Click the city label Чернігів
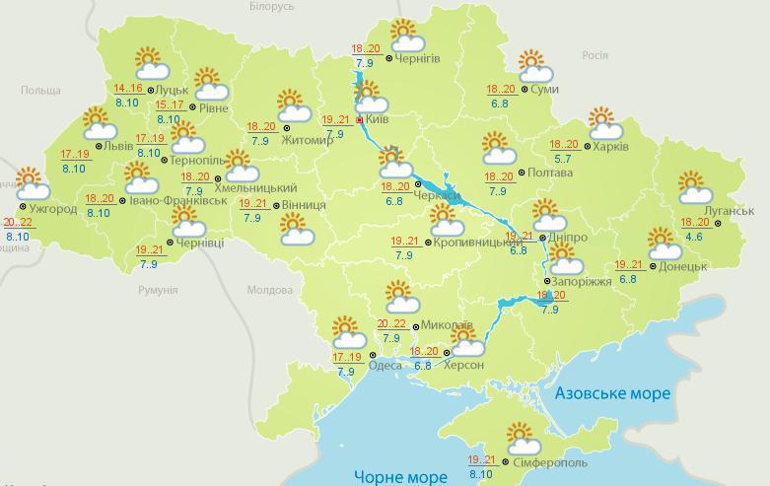click(x=418, y=58)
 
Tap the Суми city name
click(x=544, y=90)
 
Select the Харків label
click(x=611, y=146)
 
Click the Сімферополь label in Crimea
click(x=551, y=462)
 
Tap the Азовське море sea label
click(x=612, y=393)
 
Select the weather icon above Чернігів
click(x=405, y=35)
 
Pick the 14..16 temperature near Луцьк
click(x=128, y=89)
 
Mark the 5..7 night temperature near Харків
click(x=564, y=158)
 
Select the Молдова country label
click(x=269, y=291)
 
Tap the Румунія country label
click(x=158, y=291)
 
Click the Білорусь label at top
click(x=271, y=6)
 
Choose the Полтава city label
click(x=550, y=173)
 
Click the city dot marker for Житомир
click(x=287, y=127)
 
